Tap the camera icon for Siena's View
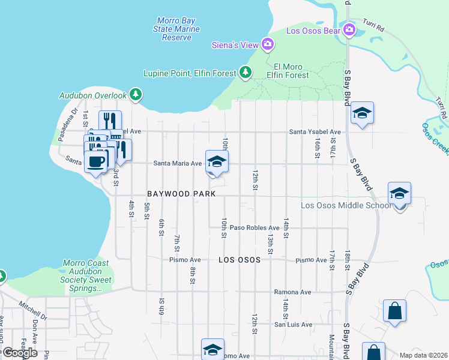[268, 44]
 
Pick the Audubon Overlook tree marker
[136, 95]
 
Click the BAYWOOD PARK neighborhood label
[178, 194]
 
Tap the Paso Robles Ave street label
[255, 228]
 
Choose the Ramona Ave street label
[292, 292]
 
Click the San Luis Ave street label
[293, 325]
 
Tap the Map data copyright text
[423, 355]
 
